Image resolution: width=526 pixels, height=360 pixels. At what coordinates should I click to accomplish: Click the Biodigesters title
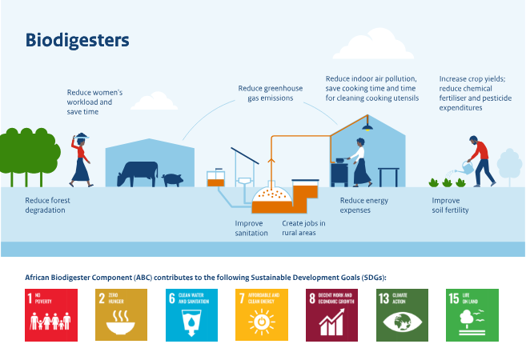click(x=77, y=39)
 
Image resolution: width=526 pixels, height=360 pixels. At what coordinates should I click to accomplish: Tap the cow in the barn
click(x=137, y=172)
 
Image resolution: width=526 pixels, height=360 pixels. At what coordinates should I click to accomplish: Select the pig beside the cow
click(x=172, y=179)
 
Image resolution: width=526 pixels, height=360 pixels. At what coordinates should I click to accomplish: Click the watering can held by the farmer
click(x=462, y=169)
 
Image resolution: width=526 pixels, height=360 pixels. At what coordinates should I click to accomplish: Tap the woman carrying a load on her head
click(x=82, y=160)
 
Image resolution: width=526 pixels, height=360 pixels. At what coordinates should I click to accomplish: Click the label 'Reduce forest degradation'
click(x=46, y=205)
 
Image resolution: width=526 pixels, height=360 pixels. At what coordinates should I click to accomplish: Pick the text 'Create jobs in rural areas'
click(x=299, y=228)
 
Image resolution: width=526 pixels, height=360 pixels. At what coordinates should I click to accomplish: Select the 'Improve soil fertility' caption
click(x=450, y=205)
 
